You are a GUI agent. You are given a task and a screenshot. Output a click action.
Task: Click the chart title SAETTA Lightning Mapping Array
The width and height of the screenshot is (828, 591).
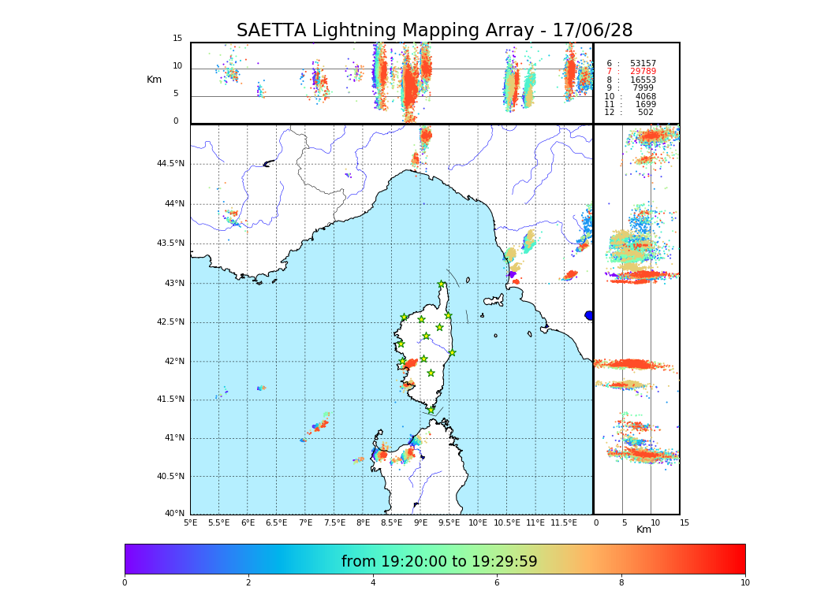(435, 31)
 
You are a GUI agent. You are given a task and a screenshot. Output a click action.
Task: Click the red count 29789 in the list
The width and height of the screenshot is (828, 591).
(643, 72)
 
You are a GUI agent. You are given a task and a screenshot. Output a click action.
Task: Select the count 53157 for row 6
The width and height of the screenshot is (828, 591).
(643, 63)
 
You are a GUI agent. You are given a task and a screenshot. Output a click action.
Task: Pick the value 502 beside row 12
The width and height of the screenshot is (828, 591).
(645, 113)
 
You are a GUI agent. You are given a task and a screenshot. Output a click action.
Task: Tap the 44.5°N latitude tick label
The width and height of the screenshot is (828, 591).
(170, 164)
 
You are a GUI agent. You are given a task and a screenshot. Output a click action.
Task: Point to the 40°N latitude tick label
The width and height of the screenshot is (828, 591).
(174, 514)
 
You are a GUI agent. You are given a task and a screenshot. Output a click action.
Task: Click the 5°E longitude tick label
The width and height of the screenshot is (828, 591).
(190, 522)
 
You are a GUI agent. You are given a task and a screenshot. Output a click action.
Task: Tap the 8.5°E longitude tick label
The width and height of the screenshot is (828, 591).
(391, 522)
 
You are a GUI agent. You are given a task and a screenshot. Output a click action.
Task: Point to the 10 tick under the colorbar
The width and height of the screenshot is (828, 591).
(744, 583)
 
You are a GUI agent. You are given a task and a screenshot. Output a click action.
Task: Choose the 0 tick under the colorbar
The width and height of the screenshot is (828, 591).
(125, 583)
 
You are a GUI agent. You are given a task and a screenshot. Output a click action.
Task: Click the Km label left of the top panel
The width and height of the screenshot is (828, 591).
(154, 80)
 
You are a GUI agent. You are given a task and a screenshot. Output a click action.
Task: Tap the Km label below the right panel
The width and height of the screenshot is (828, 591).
(643, 530)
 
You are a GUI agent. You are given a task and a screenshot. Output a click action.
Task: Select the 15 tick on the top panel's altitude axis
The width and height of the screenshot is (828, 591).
(177, 39)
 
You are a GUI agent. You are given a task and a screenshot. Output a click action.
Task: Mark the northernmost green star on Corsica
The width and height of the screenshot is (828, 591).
(442, 284)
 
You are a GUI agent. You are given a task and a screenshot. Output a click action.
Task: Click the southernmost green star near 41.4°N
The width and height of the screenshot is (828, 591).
(431, 410)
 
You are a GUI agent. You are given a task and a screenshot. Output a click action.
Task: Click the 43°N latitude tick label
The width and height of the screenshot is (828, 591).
(173, 283)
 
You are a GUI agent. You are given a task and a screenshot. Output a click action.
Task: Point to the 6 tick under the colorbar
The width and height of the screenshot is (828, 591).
(497, 583)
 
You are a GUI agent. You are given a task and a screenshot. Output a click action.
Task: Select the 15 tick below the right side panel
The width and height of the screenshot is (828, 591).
(684, 522)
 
